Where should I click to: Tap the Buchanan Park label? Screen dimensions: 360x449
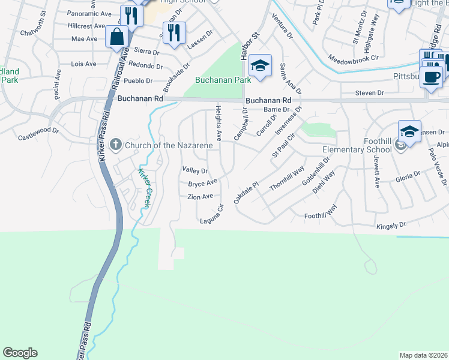coord(223,80)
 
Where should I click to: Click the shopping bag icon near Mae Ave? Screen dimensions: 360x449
coord(116,37)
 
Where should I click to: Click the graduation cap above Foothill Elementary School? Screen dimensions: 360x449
coord(409,131)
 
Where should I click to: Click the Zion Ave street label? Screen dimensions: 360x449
coord(200,197)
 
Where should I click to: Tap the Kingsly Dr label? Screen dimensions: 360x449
coord(391,225)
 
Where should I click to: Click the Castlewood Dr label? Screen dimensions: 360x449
coord(38,130)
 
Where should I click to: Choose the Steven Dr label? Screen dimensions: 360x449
coord(369,93)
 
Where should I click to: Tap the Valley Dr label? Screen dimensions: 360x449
coord(195,171)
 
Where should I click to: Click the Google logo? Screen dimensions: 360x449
coord(20,353)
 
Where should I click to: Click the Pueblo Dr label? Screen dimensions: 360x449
coord(138,80)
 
